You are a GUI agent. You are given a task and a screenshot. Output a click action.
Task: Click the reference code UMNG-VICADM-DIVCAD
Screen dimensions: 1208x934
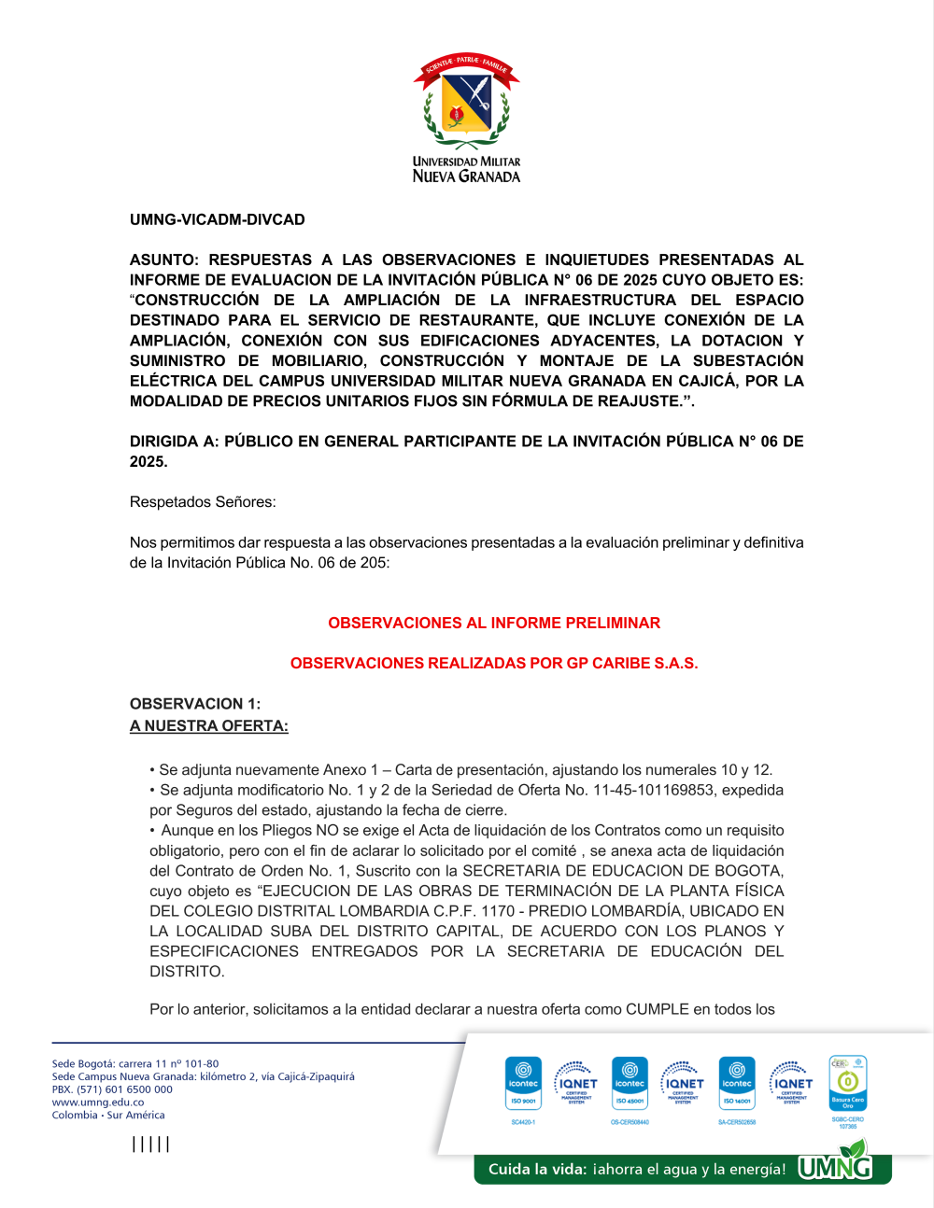[x=218, y=220]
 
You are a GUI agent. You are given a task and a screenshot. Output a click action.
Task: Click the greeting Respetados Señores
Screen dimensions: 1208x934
[x=203, y=502]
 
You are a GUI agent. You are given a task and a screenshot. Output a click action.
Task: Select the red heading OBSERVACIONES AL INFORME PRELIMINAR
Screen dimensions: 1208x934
[x=494, y=624]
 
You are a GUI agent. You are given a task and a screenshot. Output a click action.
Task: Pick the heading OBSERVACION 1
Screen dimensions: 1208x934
[x=195, y=704]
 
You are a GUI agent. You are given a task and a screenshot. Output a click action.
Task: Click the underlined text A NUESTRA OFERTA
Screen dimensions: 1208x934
[x=209, y=726]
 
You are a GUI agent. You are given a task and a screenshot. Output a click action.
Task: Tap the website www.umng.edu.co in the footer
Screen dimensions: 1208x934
[x=98, y=1103]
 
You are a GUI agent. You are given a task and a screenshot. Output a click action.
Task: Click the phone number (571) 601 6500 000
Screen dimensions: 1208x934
[x=124, y=1089]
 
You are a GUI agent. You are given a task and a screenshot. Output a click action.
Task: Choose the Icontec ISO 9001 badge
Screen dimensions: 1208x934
[x=523, y=1083]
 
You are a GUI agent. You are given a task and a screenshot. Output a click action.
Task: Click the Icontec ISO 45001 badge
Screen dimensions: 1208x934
[x=630, y=1083]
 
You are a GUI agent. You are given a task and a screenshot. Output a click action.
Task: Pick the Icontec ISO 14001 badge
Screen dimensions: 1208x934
[x=737, y=1083]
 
